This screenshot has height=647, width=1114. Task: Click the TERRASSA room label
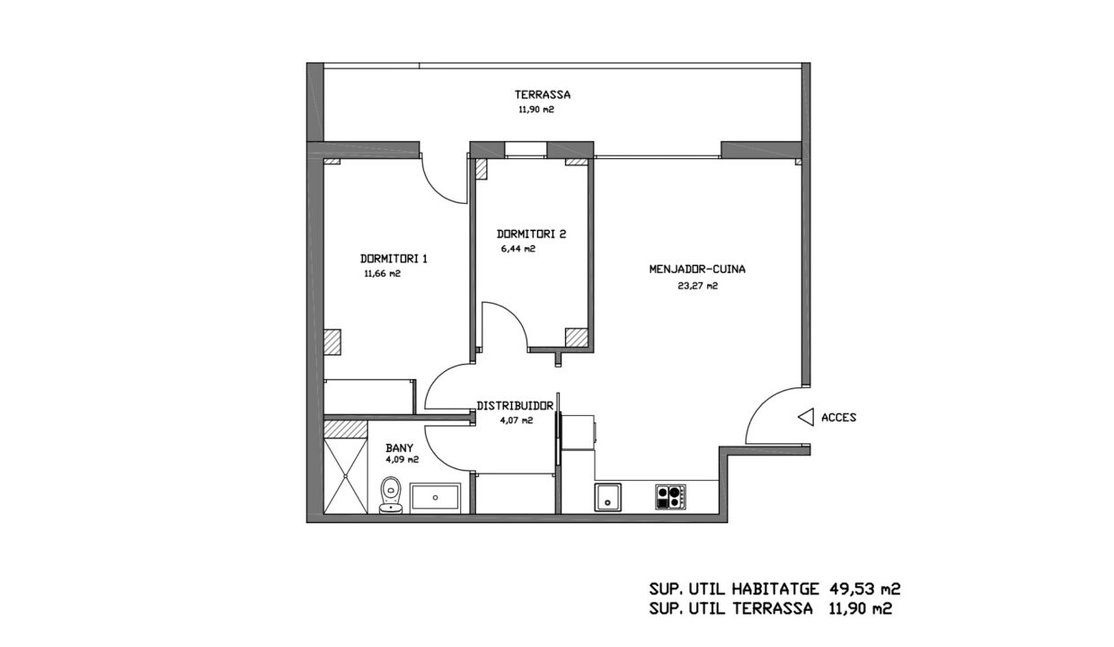pyautogui.click(x=542, y=94)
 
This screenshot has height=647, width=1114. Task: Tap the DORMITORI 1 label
pyautogui.click(x=393, y=259)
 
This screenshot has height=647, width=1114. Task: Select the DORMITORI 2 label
pyautogui.click(x=531, y=234)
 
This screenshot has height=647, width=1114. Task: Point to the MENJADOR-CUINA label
pyautogui.click(x=697, y=269)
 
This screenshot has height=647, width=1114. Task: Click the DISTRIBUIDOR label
pyautogui.click(x=515, y=406)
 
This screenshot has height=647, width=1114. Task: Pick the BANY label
pyautogui.click(x=400, y=448)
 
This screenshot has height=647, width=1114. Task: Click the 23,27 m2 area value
pyautogui.click(x=698, y=286)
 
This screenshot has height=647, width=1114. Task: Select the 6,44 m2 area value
pyautogui.click(x=518, y=249)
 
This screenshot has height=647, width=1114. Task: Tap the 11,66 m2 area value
pyautogui.click(x=383, y=273)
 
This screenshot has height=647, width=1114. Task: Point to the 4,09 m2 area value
pyautogui.click(x=402, y=460)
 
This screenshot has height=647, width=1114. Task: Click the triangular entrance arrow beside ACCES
pyautogui.click(x=806, y=417)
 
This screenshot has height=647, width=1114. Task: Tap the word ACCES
pyautogui.click(x=838, y=418)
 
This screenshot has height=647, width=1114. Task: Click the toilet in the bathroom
pyautogui.click(x=391, y=495)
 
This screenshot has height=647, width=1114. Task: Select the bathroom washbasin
pyautogui.click(x=435, y=496)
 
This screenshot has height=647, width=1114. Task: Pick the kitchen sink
pyautogui.click(x=607, y=497)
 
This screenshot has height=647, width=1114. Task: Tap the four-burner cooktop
pyautogui.click(x=670, y=496)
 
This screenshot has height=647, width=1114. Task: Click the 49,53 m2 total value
pyautogui.click(x=865, y=589)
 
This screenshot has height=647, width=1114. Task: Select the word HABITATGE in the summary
pyautogui.click(x=775, y=589)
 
